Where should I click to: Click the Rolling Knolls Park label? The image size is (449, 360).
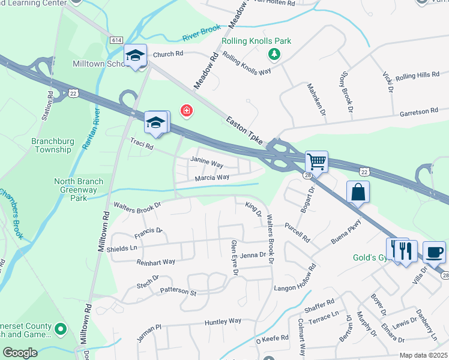(256, 41)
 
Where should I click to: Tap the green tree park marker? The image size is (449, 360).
(274, 55)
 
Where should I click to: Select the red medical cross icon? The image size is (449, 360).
(187, 111)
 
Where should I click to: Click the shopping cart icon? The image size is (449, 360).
(316, 161)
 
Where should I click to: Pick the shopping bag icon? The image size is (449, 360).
(358, 192)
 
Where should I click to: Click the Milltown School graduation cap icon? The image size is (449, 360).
(136, 56)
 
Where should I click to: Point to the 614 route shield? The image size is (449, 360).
(116, 40)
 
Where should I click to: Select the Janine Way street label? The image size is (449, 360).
(206, 162)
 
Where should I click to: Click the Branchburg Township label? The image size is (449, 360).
(53, 146)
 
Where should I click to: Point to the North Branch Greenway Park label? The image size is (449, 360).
(79, 189)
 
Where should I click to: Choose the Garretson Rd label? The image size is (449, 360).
(419, 112)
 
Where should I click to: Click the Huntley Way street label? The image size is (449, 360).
(223, 322)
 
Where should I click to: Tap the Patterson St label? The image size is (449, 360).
(178, 292)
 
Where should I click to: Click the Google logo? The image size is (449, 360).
(20, 353)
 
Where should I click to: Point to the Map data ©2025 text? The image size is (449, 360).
(423, 355)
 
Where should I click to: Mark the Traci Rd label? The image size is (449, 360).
(142, 144)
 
